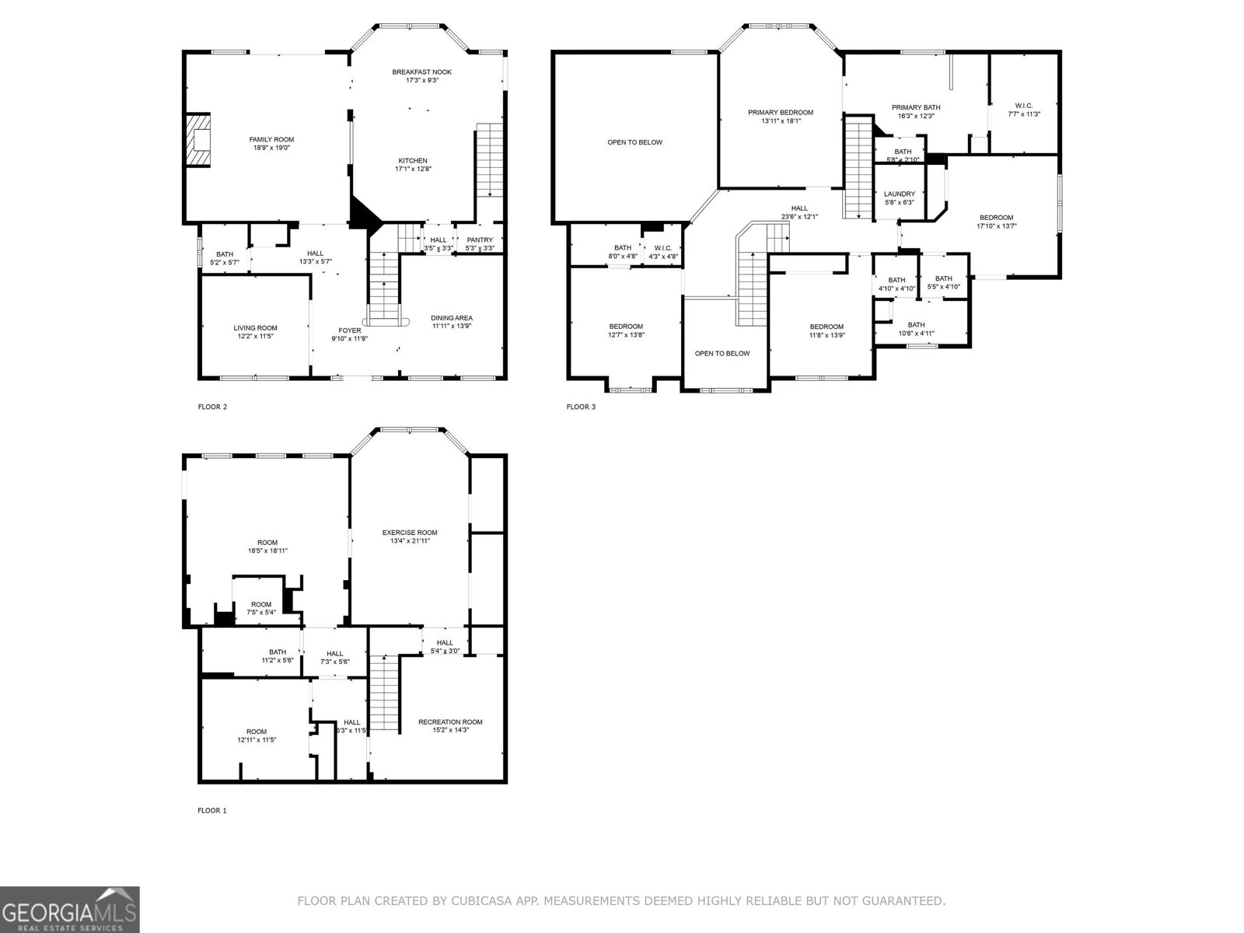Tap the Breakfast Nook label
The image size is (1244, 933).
pyautogui.click(x=421, y=72)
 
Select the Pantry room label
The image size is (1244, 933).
pyautogui.click(x=480, y=240)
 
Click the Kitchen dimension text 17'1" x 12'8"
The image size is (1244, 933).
pyautogui.click(x=413, y=169)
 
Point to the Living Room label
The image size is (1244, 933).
pyautogui.click(x=255, y=328)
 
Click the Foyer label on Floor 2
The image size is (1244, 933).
pyautogui.click(x=349, y=330)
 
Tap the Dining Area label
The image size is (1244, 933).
pyautogui.click(x=452, y=318)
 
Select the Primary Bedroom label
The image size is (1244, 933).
pyautogui.click(x=780, y=113)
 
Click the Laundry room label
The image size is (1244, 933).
pyautogui.click(x=899, y=194)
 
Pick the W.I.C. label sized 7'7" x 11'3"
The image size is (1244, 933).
pyautogui.click(x=1023, y=106)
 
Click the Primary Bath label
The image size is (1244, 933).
pyautogui.click(x=915, y=107)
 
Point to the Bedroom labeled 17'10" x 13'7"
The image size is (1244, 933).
pyautogui.click(x=996, y=218)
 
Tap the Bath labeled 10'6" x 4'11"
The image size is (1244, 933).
pyautogui.click(x=916, y=325)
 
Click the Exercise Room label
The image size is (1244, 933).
pyautogui.click(x=410, y=533)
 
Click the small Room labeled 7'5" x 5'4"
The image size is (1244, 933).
pyautogui.click(x=260, y=605)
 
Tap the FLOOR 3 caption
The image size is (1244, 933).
pyautogui.click(x=581, y=407)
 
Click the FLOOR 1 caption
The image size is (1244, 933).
pyautogui.click(x=211, y=810)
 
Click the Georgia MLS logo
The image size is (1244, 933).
pyautogui.click(x=70, y=909)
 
